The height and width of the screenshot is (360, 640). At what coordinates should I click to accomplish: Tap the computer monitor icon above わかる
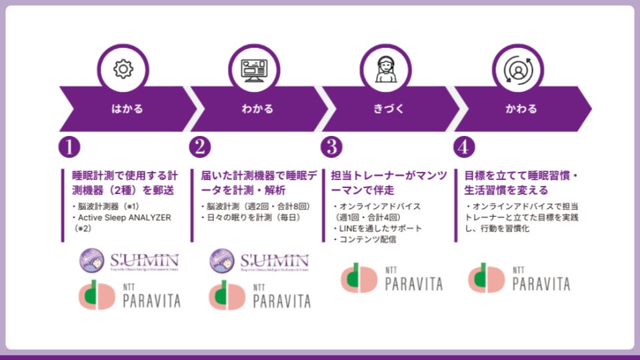coord(253,69)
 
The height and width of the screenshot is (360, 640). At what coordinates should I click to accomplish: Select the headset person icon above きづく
coord(385,69)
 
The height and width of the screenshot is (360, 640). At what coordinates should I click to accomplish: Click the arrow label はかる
coord(127,109)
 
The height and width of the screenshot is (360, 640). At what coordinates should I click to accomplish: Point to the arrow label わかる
coord(257,109)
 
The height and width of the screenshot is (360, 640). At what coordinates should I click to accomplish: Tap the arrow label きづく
coord(389,109)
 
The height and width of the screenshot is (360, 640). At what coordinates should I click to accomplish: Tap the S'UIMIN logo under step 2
coord(259,260)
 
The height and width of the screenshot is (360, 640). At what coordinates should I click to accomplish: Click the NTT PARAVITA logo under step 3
coord(392,278)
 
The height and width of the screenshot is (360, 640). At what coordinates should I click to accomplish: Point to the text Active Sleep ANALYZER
coord(125,217)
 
